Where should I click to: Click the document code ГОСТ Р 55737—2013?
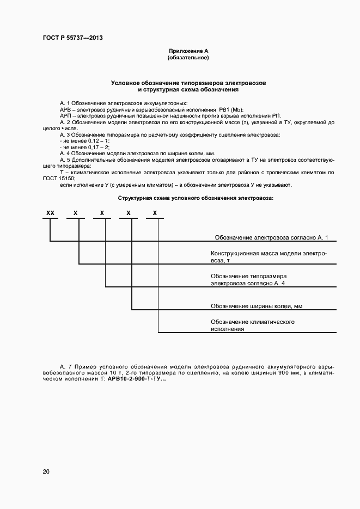[x=72, y=38]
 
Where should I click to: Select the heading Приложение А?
[x=188, y=51]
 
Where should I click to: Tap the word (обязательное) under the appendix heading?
[x=188, y=57]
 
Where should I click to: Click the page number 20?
[x=46, y=471]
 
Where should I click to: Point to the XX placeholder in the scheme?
[x=51, y=213]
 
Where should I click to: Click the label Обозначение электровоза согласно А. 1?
[x=271, y=237]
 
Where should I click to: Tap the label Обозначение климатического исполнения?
[x=253, y=326]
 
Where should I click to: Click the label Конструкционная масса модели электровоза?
[x=269, y=257]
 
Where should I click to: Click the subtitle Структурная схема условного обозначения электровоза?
[x=196, y=198]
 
